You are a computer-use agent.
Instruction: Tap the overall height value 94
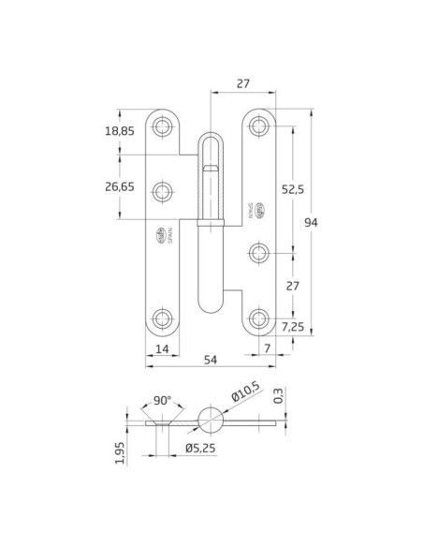click(x=311, y=222)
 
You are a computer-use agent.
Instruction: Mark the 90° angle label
click(x=163, y=401)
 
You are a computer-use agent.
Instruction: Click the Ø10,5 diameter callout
click(x=242, y=403)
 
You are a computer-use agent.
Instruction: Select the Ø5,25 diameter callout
click(x=200, y=448)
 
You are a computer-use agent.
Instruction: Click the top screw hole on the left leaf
click(x=165, y=125)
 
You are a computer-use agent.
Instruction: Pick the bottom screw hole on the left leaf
click(x=165, y=318)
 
